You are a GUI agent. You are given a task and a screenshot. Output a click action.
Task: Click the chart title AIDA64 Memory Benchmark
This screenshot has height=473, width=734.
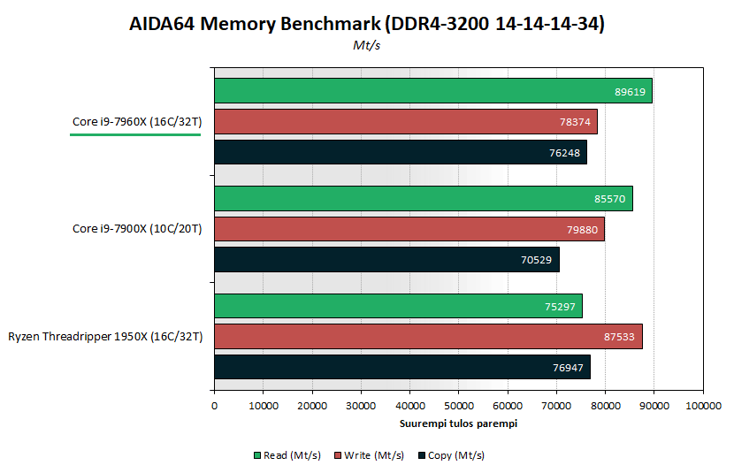[367, 24]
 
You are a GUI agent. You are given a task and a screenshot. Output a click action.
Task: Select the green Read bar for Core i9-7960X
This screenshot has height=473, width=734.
[432, 90]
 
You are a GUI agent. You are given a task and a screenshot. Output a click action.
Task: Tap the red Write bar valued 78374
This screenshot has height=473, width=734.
[405, 121]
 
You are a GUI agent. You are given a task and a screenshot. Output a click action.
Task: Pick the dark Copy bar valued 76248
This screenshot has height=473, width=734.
[400, 152]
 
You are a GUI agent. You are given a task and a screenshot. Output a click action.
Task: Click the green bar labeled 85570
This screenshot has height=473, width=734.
[423, 198]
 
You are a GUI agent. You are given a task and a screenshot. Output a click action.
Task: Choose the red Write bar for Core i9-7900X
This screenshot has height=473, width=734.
[409, 229]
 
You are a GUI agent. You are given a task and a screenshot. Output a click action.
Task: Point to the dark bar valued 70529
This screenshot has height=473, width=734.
[386, 259]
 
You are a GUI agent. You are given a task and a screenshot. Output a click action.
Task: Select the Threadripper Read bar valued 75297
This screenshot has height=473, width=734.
[398, 306]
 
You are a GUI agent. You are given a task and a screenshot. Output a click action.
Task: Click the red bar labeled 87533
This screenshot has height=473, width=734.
[428, 337]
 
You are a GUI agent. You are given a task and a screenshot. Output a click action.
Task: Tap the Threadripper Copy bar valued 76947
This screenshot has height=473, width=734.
[401, 367]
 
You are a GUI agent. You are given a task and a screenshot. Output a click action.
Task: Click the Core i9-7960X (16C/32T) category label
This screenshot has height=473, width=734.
[137, 122]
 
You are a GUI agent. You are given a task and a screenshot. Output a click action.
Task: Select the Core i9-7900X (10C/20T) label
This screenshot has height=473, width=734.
[137, 229]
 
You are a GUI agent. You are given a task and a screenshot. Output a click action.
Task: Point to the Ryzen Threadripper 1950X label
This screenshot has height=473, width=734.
[105, 337]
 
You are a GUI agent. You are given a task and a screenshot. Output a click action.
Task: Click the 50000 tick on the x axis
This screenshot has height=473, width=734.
[458, 406]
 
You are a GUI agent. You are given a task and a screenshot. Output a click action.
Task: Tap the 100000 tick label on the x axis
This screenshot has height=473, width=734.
[702, 406]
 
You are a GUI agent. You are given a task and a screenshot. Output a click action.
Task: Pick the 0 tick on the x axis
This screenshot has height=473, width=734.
[214, 406]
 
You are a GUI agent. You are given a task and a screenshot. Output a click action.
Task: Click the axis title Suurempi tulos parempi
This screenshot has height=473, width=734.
[458, 423]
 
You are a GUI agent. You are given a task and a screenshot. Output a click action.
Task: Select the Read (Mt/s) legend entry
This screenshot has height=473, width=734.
[282, 455]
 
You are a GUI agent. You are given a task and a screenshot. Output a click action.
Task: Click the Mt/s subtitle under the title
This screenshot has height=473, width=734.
[367, 46]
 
